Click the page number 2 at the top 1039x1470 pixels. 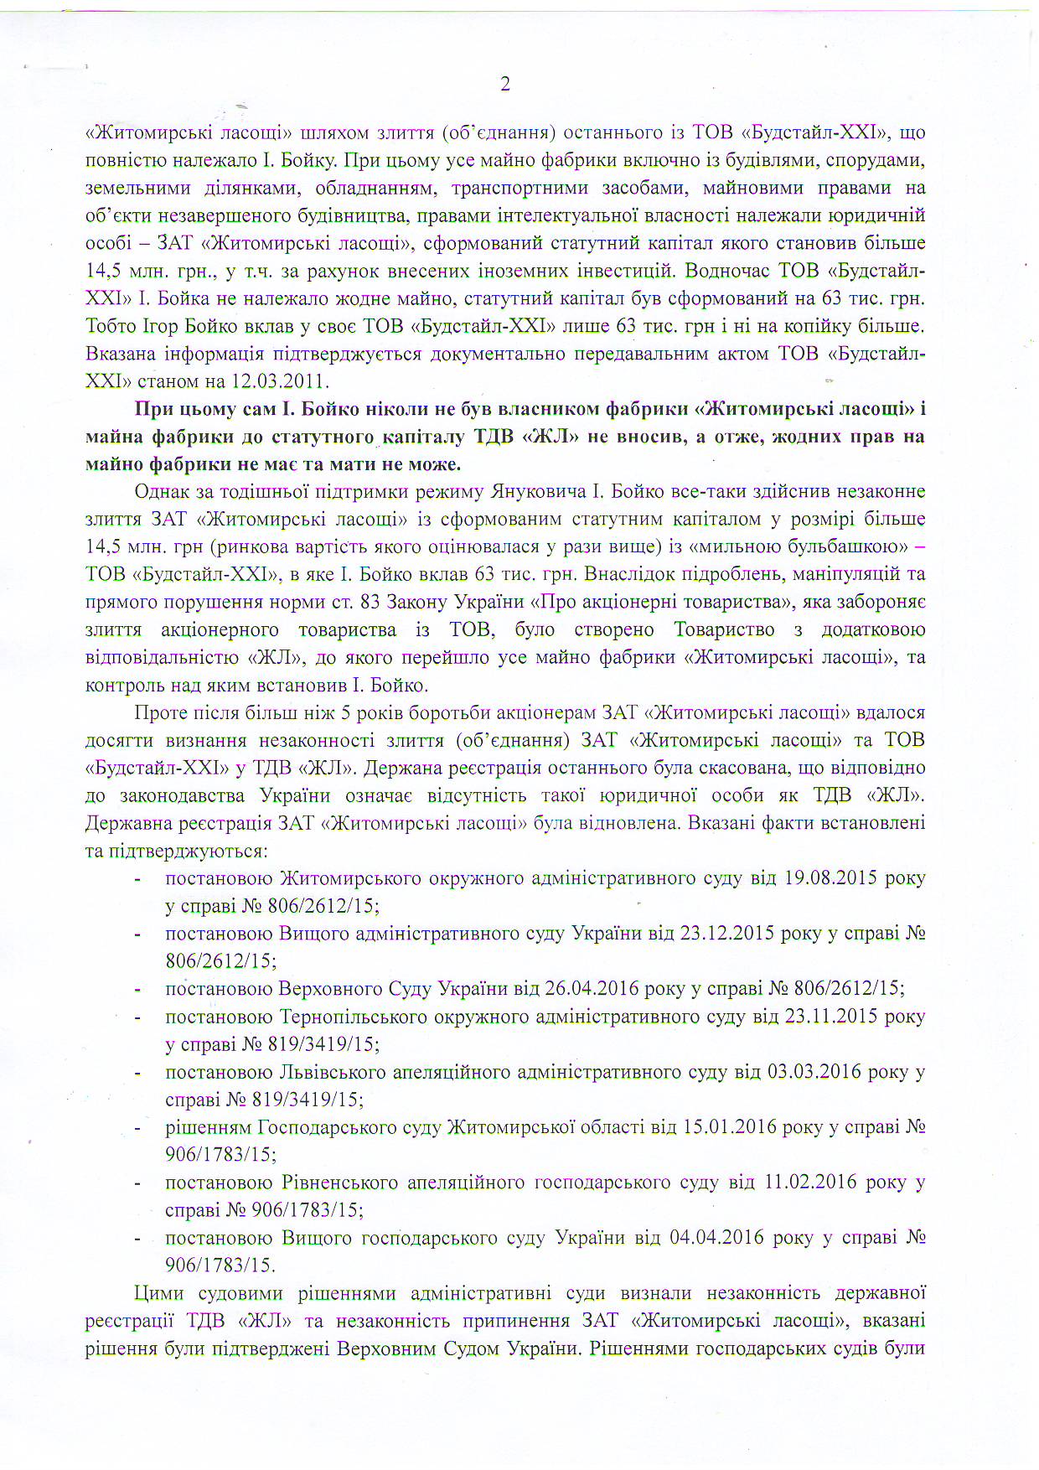[x=504, y=84]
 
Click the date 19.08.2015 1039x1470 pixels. [x=830, y=878]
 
